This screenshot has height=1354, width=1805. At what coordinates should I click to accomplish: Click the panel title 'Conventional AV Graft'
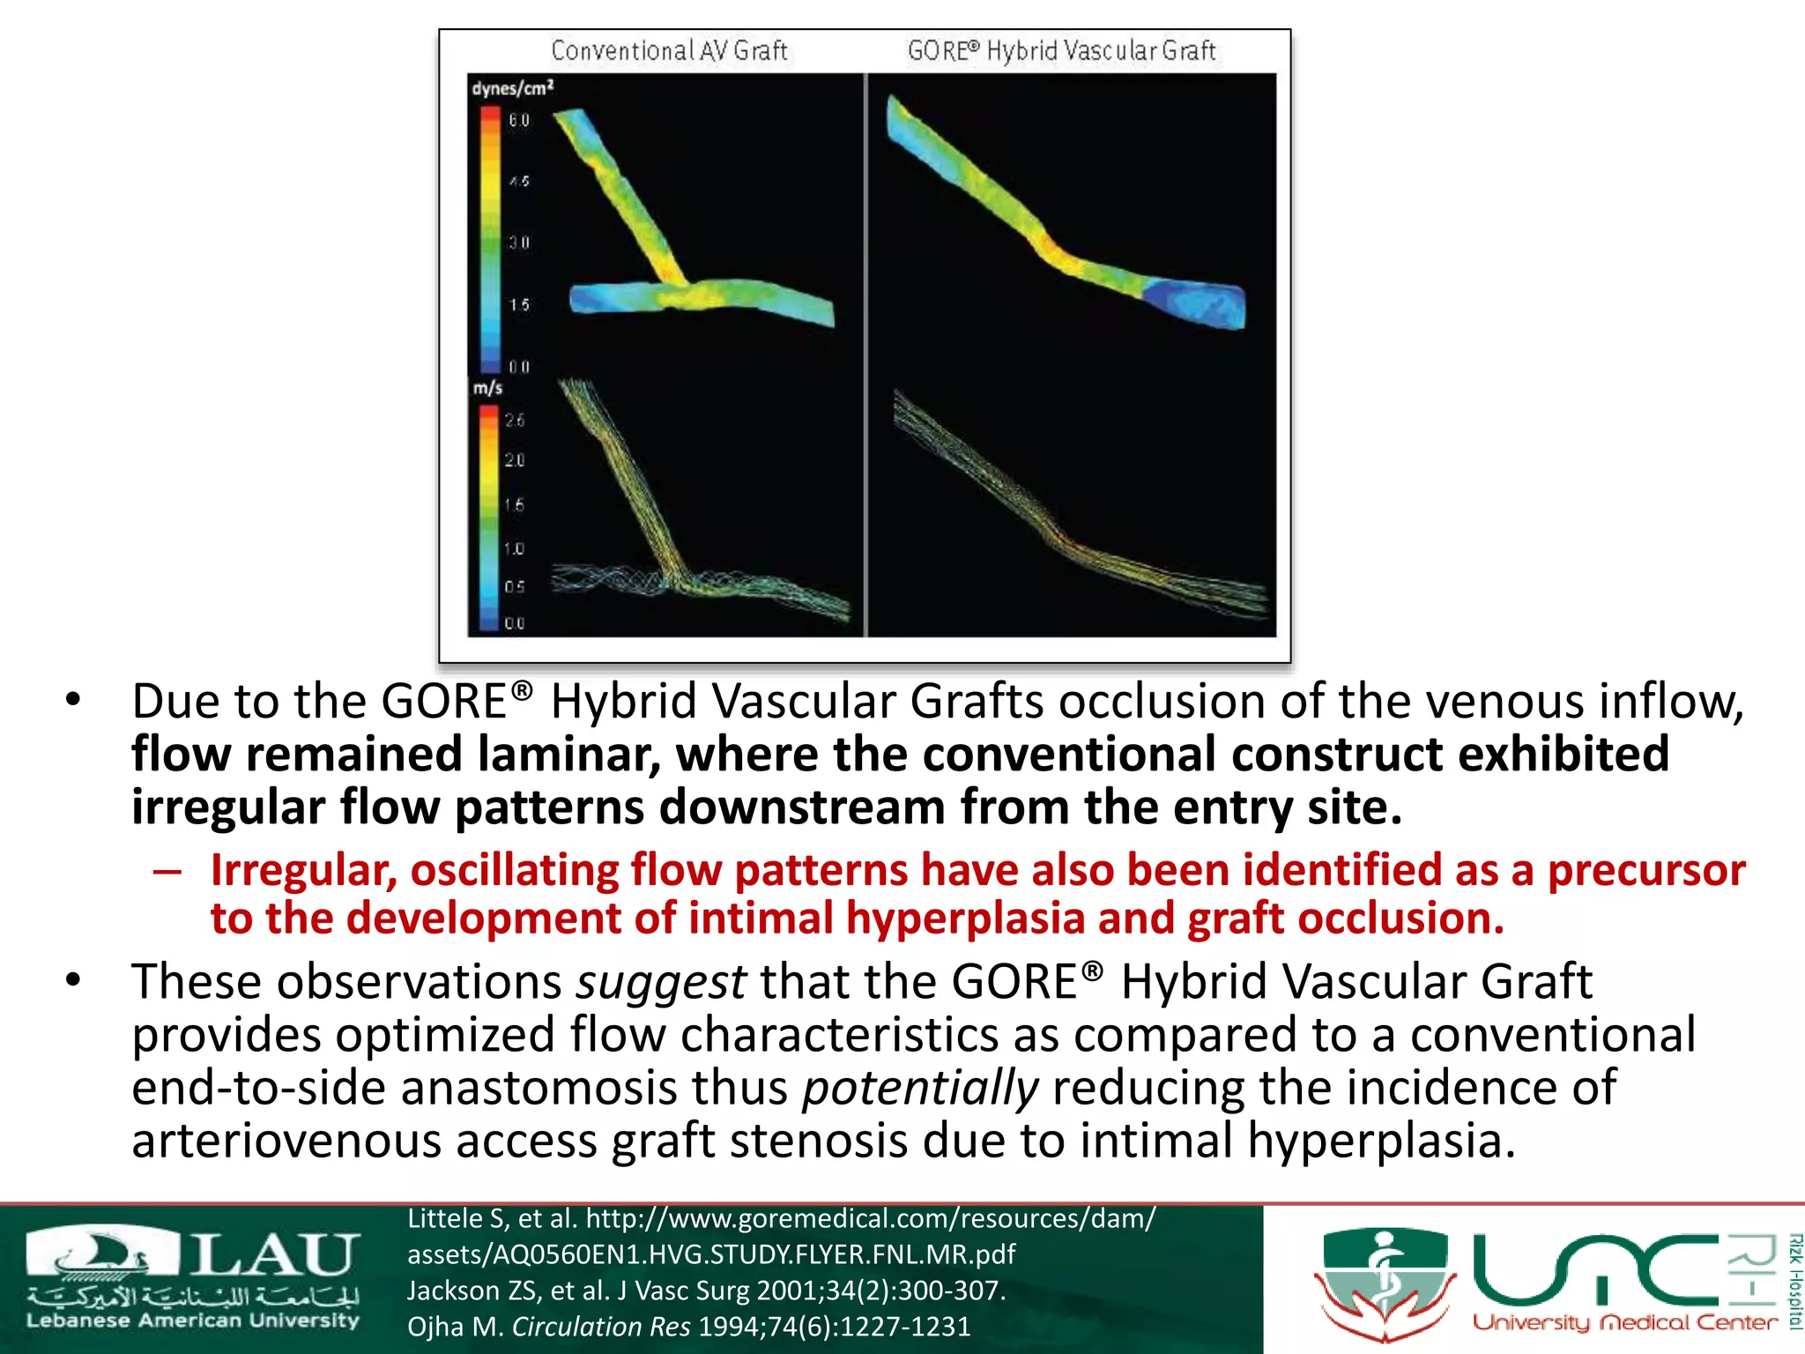pyautogui.click(x=669, y=51)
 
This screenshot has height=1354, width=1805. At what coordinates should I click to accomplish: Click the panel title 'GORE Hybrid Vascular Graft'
pyautogui.click(x=1061, y=51)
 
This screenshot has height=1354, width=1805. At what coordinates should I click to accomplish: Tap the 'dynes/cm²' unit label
pyautogui.click(x=512, y=88)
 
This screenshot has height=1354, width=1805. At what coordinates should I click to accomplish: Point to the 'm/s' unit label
pyautogui.click(x=487, y=388)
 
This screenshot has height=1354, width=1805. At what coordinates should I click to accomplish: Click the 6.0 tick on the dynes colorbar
pyautogui.click(x=519, y=120)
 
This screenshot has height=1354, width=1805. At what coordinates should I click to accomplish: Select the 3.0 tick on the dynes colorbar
pyautogui.click(x=519, y=242)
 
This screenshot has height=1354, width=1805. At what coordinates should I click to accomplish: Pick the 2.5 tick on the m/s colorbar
pyautogui.click(x=515, y=420)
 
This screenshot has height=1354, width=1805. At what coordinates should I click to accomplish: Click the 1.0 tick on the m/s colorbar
pyautogui.click(x=515, y=549)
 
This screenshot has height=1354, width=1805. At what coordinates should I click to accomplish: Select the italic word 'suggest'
pyautogui.click(x=661, y=982)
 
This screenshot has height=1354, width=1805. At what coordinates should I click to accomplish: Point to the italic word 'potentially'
pyautogui.click(x=920, y=1088)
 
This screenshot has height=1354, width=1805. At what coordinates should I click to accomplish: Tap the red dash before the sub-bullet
pyautogui.click(x=167, y=872)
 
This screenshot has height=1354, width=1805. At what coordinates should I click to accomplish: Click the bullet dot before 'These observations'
pyautogui.click(x=73, y=979)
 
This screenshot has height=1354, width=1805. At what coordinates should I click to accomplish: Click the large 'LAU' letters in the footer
pyautogui.click(x=273, y=1255)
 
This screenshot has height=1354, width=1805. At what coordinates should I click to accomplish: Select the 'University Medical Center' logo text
pyautogui.click(x=1624, y=1322)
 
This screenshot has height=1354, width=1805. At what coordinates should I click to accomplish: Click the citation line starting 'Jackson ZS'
pyautogui.click(x=705, y=1291)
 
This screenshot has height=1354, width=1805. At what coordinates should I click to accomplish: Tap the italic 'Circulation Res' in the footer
pyautogui.click(x=601, y=1327)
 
